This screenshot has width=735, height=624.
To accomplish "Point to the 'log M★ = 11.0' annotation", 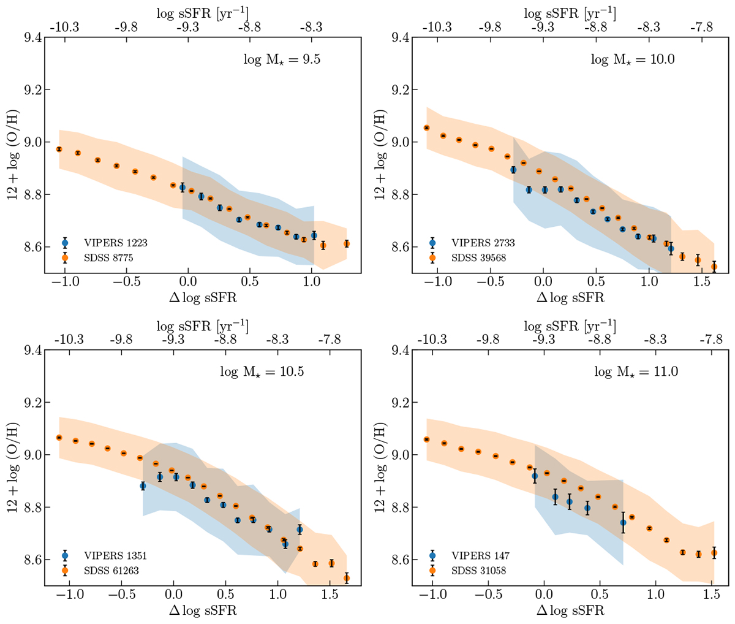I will [x=636, y=372].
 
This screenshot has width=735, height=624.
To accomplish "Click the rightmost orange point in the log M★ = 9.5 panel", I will [x=347, y=244].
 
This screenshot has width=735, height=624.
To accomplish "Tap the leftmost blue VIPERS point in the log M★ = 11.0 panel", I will [x=534, y=476].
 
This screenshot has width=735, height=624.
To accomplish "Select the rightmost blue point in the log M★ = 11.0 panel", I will [x=623, y=522].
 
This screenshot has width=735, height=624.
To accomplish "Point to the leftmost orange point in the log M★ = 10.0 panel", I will [x=426, y=127].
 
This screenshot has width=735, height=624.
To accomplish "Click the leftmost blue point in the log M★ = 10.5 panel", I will [x=143, y=486].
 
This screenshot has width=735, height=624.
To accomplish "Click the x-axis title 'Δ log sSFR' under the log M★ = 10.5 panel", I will [x=202, y=611].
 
